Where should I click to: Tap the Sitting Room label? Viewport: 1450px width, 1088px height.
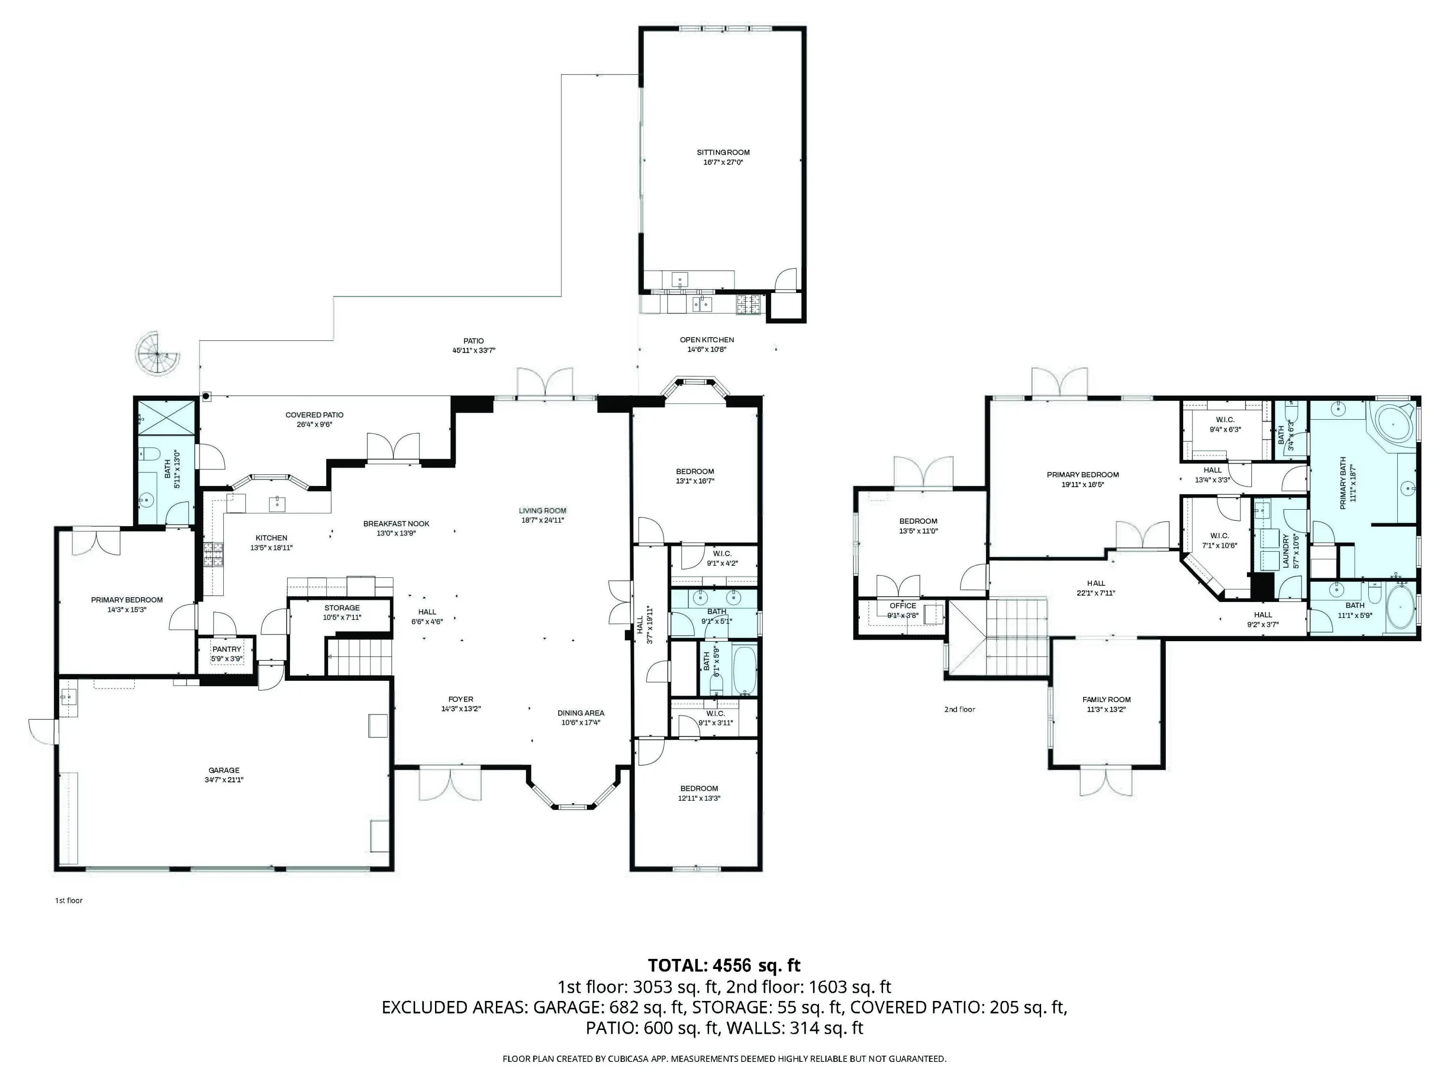point(723,152)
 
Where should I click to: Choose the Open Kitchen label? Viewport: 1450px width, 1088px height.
point(707,340)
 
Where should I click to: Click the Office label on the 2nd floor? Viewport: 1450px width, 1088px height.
point(903,605)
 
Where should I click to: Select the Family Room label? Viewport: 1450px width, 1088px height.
point(1106,700)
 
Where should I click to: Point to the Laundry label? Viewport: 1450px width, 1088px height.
point(1286,550)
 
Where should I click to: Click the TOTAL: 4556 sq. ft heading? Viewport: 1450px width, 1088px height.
point(725,965)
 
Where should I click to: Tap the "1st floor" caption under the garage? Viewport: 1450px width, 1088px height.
point(69,900)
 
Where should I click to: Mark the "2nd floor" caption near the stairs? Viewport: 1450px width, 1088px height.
point(960,709)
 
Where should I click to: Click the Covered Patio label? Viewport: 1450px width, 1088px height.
point(314,414)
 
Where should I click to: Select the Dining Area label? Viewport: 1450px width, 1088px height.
point(581,713)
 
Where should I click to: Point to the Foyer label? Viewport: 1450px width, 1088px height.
point(461,699)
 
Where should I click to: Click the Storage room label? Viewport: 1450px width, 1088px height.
point(342,608)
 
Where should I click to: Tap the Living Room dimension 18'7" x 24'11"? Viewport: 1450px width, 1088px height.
point(542,520)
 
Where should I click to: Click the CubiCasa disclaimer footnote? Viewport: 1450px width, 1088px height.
point(725,1058)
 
